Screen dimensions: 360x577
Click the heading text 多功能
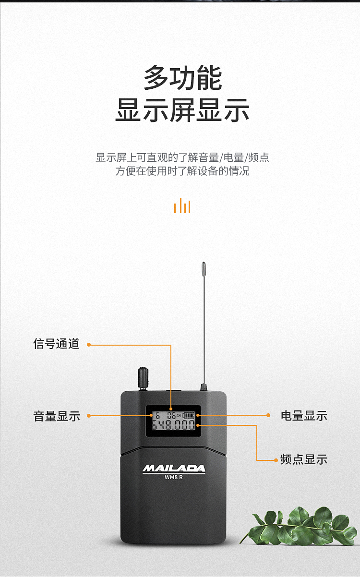pyautogui.click(x=182, y=77)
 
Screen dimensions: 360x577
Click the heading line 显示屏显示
pyautogui.click(x=182, y=110)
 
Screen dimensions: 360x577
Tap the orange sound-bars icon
pyautogui.click(x=182, y=205)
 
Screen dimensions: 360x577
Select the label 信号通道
pyautogui.click(x=56, y=344)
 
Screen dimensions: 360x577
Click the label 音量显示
pyautogui.click(x=57, y=416)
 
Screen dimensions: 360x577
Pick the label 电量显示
pyautogui.click(x=304, y=416)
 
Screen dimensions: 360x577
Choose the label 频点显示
pyautogui.click(x=304, y=459)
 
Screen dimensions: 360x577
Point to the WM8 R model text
pyautogui.click(x=174, y=477)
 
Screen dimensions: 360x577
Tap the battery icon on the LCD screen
pyautogui.click(x=188, y=415)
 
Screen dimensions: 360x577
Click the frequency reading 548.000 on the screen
pyautogui.click(x=174, y=425)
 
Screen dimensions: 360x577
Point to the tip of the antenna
pyautogui.click(x=204, y=263)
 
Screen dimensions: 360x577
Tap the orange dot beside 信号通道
pyautogui.click(x=89, y=345)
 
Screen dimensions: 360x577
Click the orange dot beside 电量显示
pyautogui.click(x=268, y=415)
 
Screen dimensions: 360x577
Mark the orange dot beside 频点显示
pyautogui.click(x=276, y=460)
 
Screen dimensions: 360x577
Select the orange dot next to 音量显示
pyautogui.click(x=89, y=416)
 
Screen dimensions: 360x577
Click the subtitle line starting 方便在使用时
pyautogui.click(x=182, y=171)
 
